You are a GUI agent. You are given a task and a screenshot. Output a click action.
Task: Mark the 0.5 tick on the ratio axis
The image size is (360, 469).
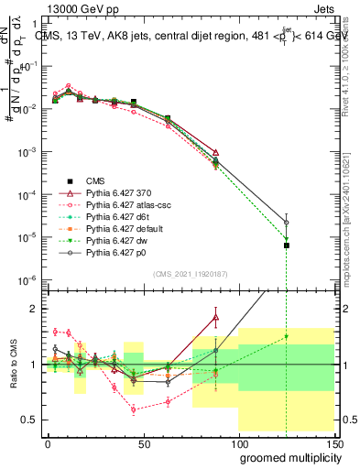pos(31,420)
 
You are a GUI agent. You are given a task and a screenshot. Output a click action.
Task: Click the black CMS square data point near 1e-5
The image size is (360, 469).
pos(287,245)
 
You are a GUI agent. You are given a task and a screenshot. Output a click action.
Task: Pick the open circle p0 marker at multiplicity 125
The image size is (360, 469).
pos(287,222)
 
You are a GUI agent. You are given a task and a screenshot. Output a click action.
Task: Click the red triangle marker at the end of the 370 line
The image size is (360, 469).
pos(215,152)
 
